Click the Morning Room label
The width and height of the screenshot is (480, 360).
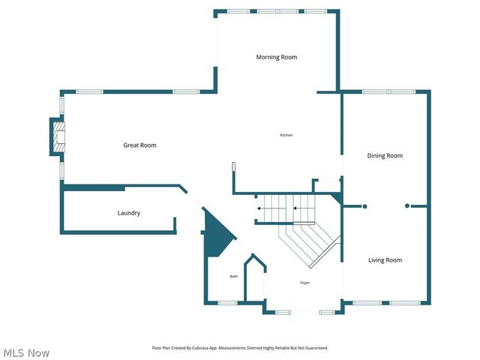[277, 57]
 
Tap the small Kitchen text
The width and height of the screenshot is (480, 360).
[286, 135]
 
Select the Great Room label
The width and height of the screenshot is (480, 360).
[139, 145]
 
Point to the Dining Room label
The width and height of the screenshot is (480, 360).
[385, 156]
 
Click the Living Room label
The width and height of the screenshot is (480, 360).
[385, 260]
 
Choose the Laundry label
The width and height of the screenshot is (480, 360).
[129, 213]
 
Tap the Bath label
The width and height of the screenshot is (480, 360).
[233, 277]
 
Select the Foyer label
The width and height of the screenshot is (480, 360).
[304, 283]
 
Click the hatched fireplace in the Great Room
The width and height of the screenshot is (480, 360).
[58, 137]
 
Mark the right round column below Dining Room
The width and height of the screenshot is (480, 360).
[407, 206]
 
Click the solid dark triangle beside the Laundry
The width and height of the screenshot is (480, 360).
[215, 235]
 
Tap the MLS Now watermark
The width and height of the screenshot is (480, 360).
[26, 352]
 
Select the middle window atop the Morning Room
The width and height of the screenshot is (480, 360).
[268, 11]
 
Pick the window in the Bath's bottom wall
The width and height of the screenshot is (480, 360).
[227, 303]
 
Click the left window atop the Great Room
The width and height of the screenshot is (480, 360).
[88, 91]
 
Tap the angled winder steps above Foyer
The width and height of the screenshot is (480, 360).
[311, 244]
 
